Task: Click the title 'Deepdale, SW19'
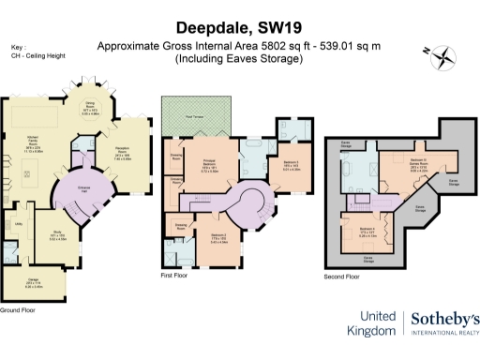[x=240, y=28]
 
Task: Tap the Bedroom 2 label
[x=217, y=240]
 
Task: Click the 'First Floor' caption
[x=175, y=277]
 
